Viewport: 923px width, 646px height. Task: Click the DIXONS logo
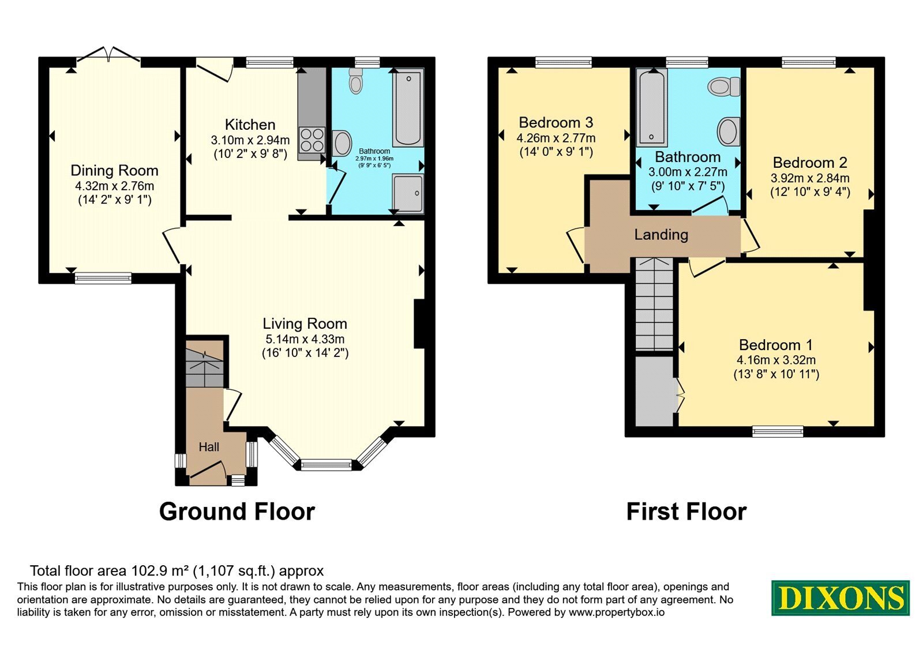tap(840, 598)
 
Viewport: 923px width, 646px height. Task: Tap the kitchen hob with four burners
tap(313, 140)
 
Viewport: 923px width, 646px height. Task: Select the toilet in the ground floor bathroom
tap(355, 81)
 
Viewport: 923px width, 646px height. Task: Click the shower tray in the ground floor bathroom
tap(407, 193)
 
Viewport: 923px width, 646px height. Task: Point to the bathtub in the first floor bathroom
tap(651, 107)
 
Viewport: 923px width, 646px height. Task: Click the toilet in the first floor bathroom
tap(724, 87)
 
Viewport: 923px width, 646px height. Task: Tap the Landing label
tap(661, 234)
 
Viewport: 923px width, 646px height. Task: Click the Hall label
tap(209, 447)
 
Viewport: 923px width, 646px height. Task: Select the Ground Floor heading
tap(237, 512)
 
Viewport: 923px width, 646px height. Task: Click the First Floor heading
tap(686, 512)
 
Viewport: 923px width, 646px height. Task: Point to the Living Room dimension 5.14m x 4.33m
tap(305, 339)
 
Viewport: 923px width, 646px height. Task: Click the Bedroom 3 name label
tap(556, 122)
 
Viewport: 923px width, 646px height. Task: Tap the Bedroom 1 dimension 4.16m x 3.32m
tap(776, 360)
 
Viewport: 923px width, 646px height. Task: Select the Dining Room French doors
tap(109, 57)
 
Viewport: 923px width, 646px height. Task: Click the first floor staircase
tap(654, 304)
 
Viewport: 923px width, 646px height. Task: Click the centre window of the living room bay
tap(326, 465)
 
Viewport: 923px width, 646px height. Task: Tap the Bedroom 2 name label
tap(810, 163)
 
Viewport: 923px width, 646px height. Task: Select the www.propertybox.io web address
tap(617, 612)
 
